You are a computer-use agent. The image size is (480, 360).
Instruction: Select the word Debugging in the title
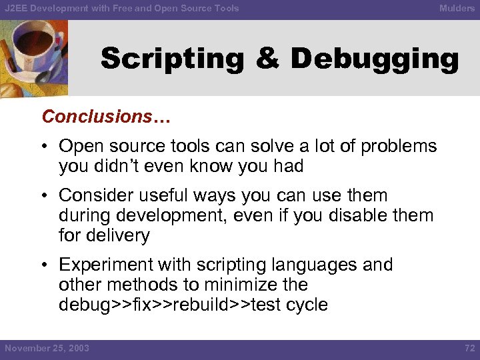(x=375, y=59)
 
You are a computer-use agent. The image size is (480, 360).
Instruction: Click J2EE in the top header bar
(x=16, y=8)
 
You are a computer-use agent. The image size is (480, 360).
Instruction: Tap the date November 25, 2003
(x=47, y=349)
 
